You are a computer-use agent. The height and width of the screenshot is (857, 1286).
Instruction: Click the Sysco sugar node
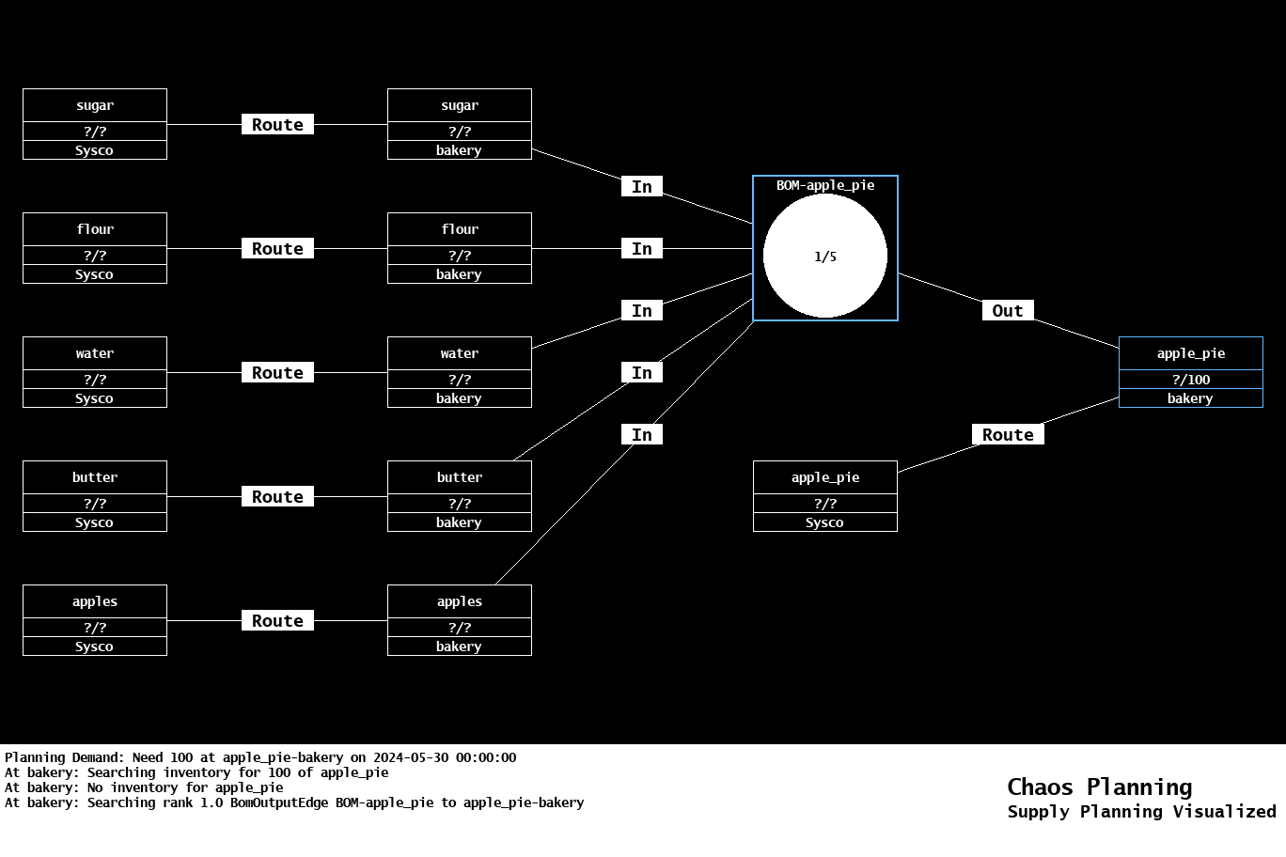[95, 124]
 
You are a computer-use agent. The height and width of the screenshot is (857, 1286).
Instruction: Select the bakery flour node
[459, 248]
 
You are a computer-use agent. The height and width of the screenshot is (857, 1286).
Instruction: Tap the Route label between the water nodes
[277, 372]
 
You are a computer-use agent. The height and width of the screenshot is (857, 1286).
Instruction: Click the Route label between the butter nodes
[277, 496]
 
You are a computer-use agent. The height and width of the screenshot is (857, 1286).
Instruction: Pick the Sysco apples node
[95, 620]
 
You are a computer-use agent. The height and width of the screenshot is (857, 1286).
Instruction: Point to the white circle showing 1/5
[824, 256]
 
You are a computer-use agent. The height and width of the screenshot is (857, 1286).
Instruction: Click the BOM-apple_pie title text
[824, 185]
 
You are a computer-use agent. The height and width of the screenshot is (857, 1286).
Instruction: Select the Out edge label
[1007, 310]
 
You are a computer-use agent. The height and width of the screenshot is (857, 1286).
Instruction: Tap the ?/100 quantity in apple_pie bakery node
[1190, 380]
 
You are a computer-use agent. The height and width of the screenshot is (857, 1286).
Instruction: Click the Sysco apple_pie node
[824, 496]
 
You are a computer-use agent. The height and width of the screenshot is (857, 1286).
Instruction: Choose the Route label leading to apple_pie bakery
[1007, 434]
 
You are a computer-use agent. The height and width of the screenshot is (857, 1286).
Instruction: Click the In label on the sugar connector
[642, 186]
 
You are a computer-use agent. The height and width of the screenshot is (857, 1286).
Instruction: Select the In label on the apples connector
[642, 434]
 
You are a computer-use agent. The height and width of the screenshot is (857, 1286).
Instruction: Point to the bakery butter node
[459, 496]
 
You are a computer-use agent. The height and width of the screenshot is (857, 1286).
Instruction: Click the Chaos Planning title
[1099, 787]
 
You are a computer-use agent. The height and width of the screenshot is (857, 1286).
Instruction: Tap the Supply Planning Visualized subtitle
[1141, 811]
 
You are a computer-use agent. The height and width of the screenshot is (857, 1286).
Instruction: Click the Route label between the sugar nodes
[277, 124]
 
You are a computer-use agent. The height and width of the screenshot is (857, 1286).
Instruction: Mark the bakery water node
[459, 372]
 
